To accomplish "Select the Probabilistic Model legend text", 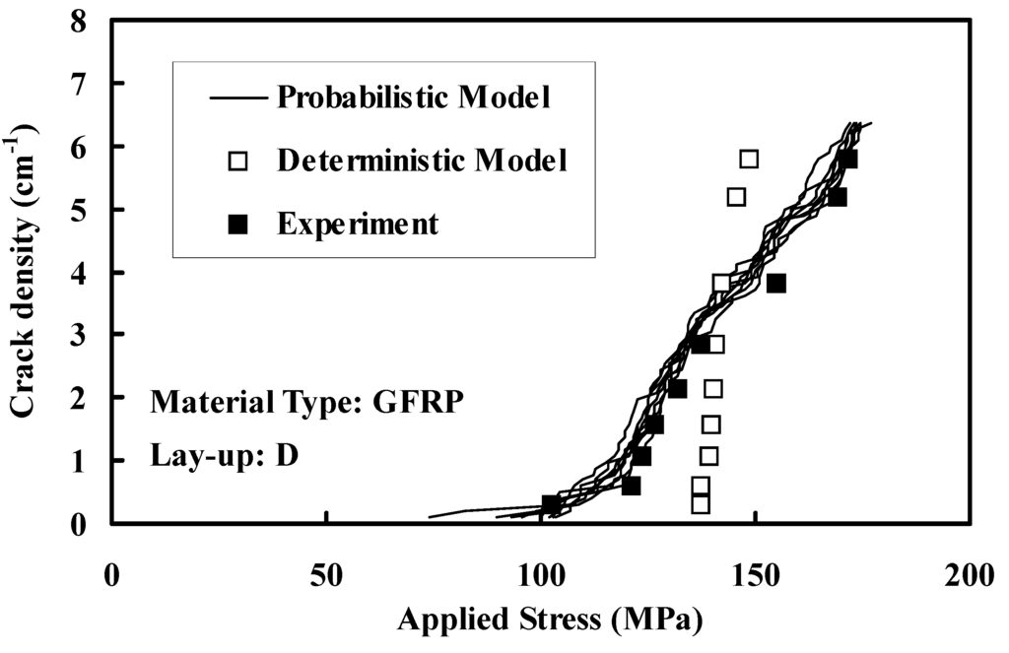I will click(x=413, y=98).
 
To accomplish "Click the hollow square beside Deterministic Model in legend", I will click(x=237, y=161).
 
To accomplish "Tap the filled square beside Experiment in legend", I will click(x=237, y=224).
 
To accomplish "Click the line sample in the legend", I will click(x=237, y=98).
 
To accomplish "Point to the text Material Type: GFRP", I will click(x=305, y=403).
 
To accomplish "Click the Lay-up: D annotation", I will click(x=226, y=456).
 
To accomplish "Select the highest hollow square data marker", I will click(x=749, y=159).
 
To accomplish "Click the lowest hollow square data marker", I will click(x=701, y=503).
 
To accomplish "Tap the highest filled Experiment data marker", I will click(x=847, y=159).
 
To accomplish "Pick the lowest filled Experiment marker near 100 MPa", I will click(x=552, y=504).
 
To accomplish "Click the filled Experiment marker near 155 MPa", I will click(x=776, y=283).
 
